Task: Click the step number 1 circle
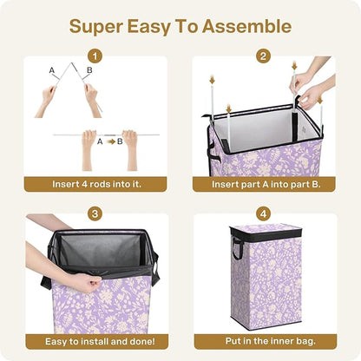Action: point(94,56)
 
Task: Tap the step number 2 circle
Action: point(263,56)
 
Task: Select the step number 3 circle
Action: point(94,213)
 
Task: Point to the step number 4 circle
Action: point(263,213)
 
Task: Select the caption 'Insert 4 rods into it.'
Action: point(94,185)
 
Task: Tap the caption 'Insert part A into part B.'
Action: point(263,185)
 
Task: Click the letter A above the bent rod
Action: point(52,69)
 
